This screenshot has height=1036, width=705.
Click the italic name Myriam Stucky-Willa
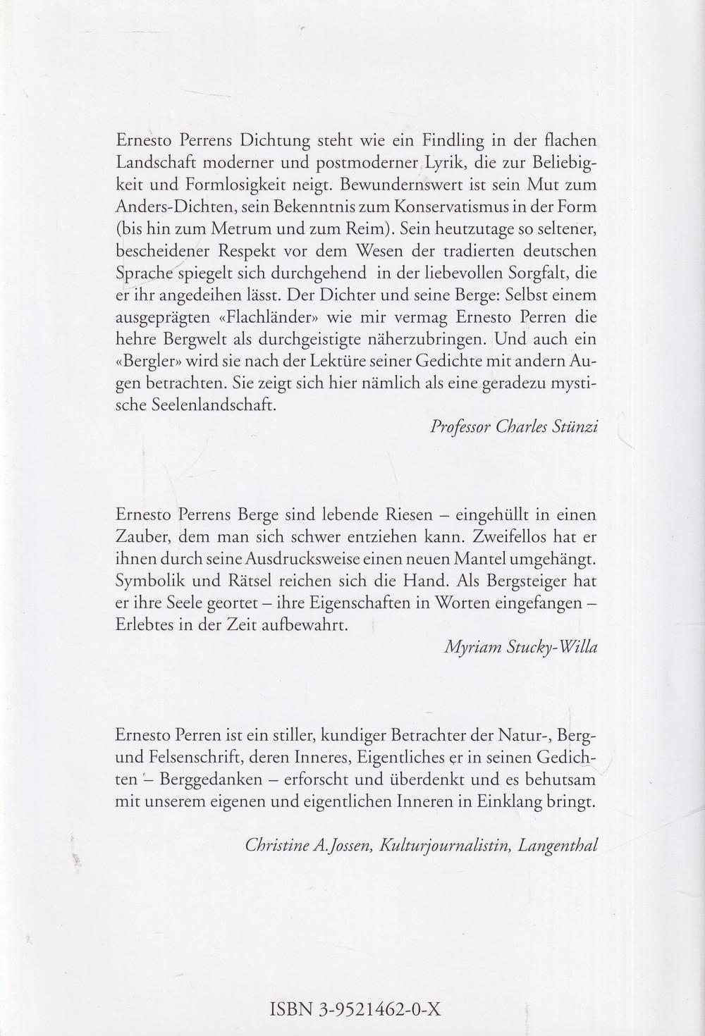pos(520,648)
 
